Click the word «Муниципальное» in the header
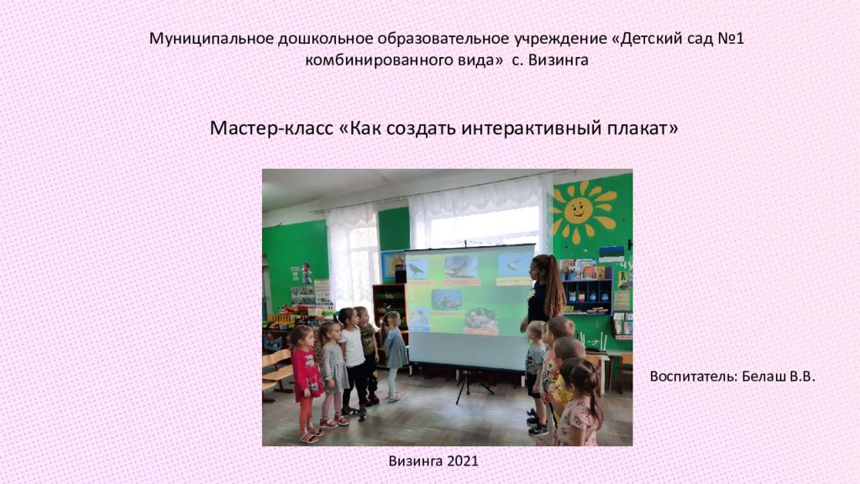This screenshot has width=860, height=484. (211, 39)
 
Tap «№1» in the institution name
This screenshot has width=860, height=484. (731, 39)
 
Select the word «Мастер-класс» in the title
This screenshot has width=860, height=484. (271, 129)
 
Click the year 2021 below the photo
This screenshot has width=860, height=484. (463, 461)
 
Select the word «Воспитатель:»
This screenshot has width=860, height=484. (694, 377)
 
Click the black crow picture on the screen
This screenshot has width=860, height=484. (417, 269)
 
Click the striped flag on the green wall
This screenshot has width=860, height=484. (611, 255)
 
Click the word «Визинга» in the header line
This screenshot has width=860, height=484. (558, 60)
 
